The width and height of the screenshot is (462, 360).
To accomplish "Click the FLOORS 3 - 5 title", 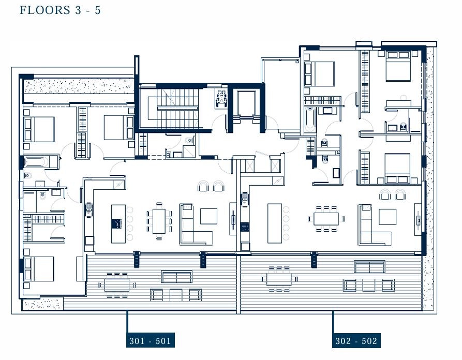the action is (x=61, y=10).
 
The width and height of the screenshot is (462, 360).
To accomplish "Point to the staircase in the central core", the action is (x=173, y=109).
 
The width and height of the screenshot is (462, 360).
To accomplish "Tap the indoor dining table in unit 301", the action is (x=159, y=221).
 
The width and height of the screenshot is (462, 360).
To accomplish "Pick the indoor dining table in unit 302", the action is (x=326, y=219).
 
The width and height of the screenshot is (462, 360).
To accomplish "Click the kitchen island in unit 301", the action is (x=118, y=224).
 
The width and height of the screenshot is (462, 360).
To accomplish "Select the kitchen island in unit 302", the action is (x=275, y=223).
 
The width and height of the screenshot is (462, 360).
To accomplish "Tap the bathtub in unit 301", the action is (x=38, y=162).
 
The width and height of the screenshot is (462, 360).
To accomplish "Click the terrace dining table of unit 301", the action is (x=117, y=285).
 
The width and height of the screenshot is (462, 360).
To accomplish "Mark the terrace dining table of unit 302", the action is (x=279, y=279).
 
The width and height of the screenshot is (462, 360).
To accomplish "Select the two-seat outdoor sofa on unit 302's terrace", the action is (x=370, y=267).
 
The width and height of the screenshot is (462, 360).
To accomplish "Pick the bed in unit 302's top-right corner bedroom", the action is (x=398, y=66).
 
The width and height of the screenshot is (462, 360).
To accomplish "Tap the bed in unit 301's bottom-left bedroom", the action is (x=39, y=268).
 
